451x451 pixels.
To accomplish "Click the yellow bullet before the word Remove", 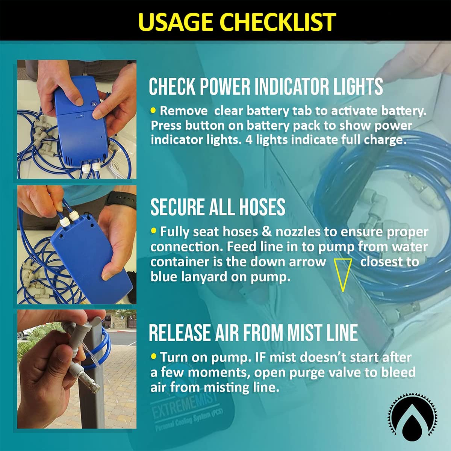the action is [153, 110].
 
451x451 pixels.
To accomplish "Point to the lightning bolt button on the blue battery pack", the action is [94, 104].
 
